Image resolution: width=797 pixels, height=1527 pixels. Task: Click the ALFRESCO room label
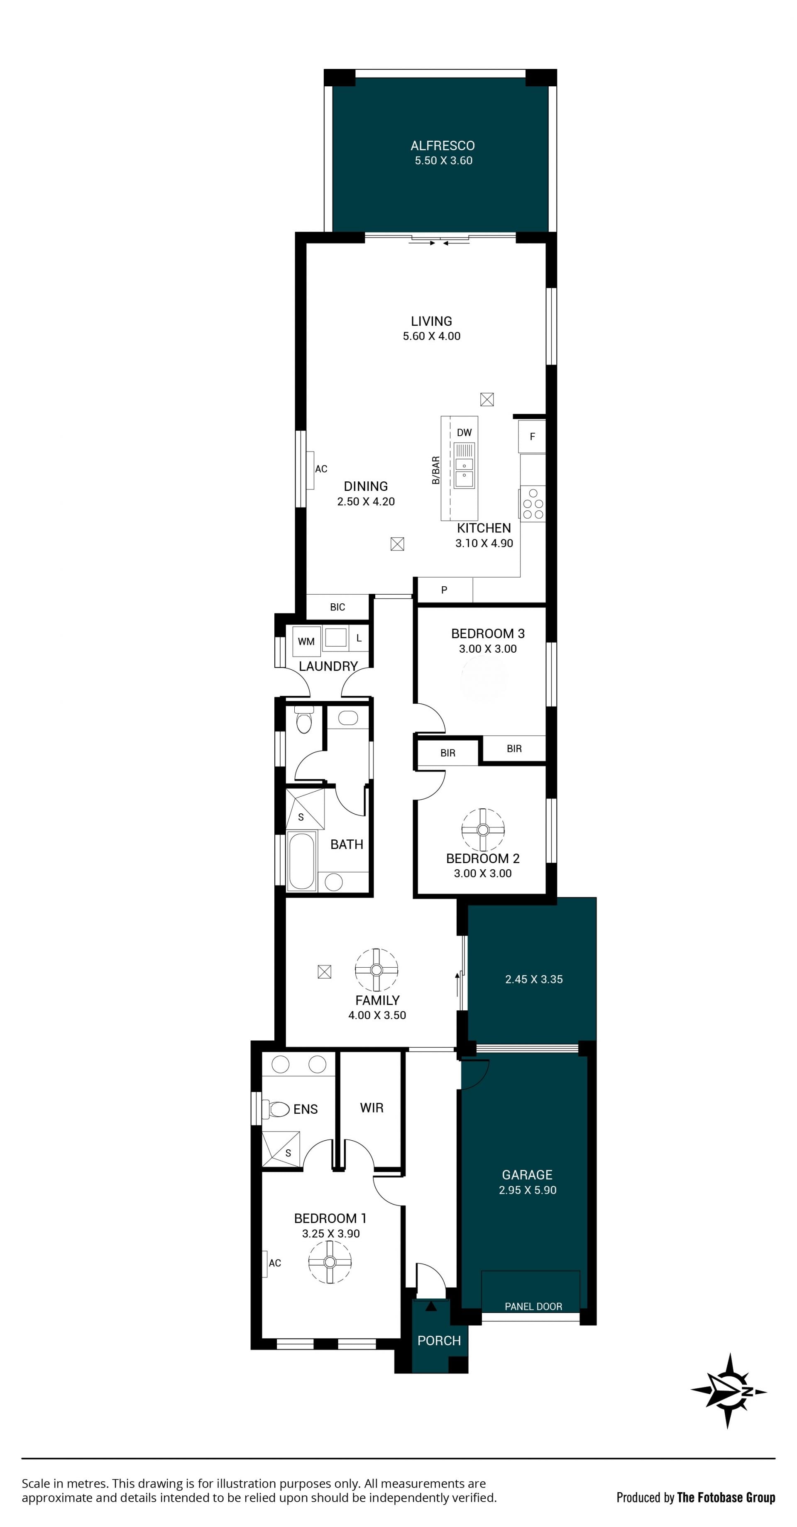tap(443, 146)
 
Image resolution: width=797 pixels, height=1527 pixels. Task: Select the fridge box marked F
tap(532, 436)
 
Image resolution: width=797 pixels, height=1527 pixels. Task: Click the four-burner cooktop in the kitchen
tap(533, 504)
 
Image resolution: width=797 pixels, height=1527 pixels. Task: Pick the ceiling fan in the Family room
tap(376, 970)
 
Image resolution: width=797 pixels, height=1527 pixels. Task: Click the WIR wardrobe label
tap(372, 1108)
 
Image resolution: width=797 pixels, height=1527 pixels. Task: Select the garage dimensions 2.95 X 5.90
tap(528, 1190)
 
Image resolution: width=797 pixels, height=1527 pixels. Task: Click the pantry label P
tap(444, 590)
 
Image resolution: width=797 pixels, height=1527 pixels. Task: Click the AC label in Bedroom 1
tap(274, 1263)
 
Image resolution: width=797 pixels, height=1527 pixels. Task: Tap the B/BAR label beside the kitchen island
tap(436, 470)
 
